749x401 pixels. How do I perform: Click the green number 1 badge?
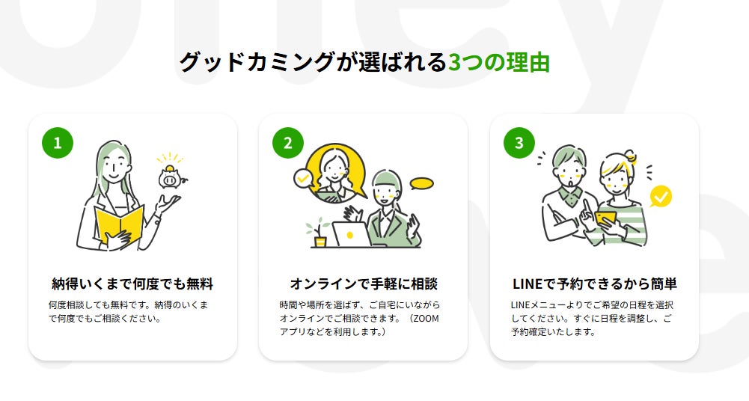[x=58, y=143]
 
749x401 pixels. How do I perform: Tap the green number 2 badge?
[x=288, y=143]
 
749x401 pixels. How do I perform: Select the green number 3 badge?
[x=519, y=143]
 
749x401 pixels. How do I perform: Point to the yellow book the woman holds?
[x=119, y=222]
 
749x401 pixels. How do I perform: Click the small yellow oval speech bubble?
[x=422, y=183]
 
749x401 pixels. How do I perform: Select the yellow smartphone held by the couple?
[x=606, y=218]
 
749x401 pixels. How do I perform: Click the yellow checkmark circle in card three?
[x=661, y=197]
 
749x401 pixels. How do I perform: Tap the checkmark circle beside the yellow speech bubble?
[x=303, y=178]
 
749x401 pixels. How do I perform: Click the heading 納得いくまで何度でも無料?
[x=132, y=284]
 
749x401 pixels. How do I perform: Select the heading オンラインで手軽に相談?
[x=363, y=284]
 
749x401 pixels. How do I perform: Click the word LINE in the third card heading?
[x=529, y=284]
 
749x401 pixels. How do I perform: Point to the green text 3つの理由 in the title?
[x=498, y=62]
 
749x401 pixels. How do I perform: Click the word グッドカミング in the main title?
[x=255, y=62]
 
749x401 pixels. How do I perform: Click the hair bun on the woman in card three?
[x=631, y=156]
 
